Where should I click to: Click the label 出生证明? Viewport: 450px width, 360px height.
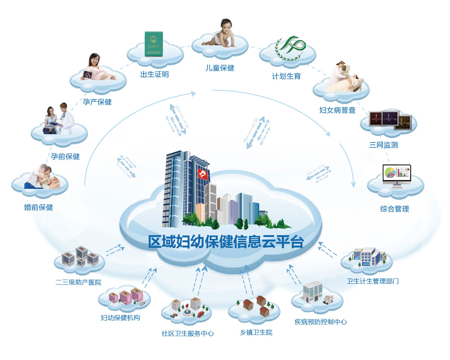154,74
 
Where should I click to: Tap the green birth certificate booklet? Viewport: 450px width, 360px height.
154,44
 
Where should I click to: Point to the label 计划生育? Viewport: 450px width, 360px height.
286,76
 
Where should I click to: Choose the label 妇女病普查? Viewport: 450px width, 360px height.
337,110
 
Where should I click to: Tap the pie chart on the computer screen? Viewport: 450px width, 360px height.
391,172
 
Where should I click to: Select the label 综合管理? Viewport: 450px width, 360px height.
395,209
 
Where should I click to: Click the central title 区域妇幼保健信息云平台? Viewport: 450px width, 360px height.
226,241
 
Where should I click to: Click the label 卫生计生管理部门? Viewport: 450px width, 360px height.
373,281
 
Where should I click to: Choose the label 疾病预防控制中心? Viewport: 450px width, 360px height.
321,321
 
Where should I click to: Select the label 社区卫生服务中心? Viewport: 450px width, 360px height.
188,333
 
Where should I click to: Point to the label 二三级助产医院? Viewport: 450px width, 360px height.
78,282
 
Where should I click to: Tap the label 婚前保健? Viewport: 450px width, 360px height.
38,207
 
